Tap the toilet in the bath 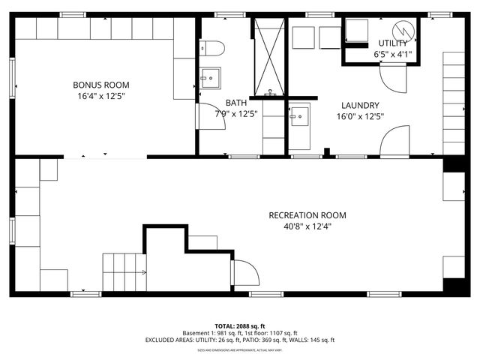213,49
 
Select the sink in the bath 209,77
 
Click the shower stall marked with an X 268,56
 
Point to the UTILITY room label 392,43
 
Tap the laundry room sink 299,116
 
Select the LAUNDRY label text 360,106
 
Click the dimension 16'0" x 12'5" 360,116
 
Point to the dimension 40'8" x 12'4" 307,226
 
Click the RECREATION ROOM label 307,215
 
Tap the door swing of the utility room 392,76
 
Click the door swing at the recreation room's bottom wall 246,273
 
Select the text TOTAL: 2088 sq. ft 240,326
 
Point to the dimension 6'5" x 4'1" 392,54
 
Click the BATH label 236,103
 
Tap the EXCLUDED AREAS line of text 240,340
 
